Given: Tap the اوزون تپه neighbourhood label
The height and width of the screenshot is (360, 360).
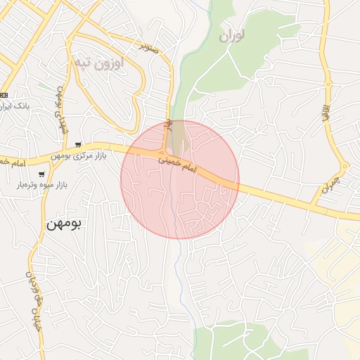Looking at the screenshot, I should click(98, 63).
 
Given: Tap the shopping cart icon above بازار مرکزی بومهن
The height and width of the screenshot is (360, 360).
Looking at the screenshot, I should click(77, 145).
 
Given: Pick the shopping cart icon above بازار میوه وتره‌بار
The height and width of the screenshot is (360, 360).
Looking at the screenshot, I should click(42, 174).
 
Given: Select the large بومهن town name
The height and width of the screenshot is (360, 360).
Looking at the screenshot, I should click(64, 225).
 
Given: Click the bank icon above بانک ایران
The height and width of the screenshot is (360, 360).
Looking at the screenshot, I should click(4, 95).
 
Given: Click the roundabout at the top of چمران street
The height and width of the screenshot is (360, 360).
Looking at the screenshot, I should click(345, 166).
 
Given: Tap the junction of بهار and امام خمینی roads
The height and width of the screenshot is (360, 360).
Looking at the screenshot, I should click(165, 154).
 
